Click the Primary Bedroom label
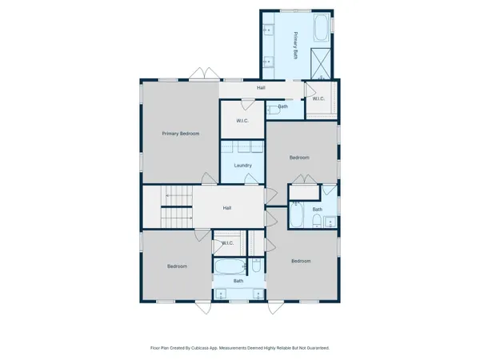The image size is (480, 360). tap(180, 134)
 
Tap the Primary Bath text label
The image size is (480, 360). tap(294, 46)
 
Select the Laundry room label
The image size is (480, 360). tap(243, 166)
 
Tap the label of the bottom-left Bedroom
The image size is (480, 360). tap(177, 266)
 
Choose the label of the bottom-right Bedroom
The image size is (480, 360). tap(301, 262)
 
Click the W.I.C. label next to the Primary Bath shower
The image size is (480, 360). tap(318, 98)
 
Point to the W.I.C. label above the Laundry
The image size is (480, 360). tap(243, 120)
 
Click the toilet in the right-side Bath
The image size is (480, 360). tap(317, 220)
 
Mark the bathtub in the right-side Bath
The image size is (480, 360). tap(296, 216)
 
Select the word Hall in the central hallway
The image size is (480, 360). tap(227, 208)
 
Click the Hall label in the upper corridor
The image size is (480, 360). tap(261, 87)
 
